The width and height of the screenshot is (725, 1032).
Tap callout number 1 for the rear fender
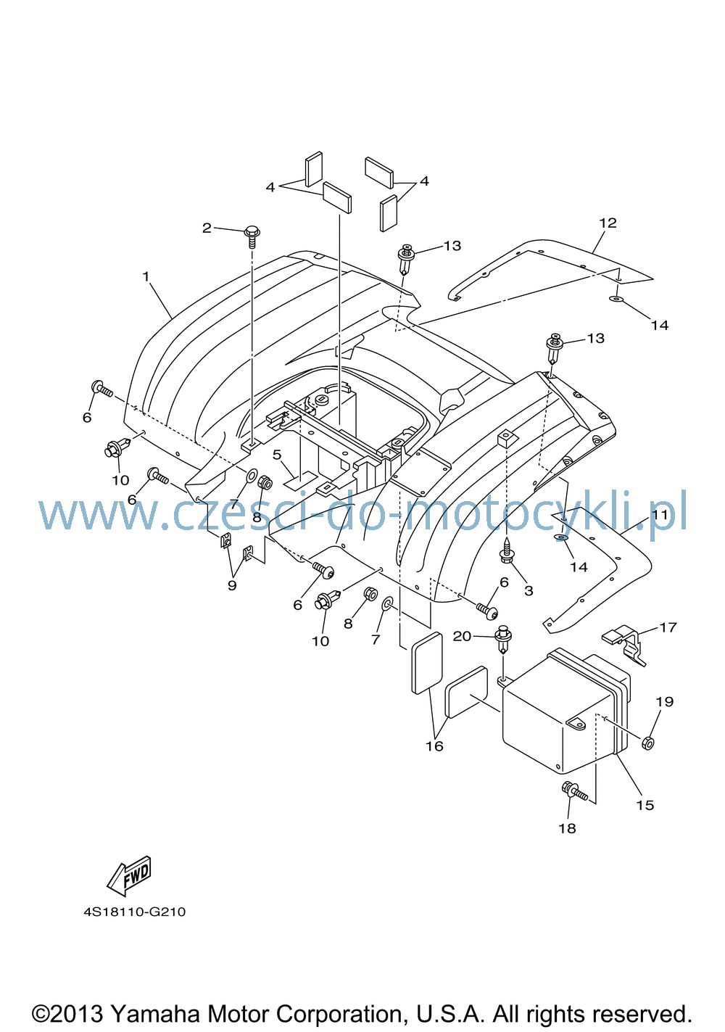(x=146, y=276)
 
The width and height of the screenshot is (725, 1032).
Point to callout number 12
(x=608, y=223)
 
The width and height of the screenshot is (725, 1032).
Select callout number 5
(x=277, y=455)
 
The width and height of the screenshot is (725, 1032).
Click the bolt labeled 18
(x=573, y=790)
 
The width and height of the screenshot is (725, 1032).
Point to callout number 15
(x=645, y=805)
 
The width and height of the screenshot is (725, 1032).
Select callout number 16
(x=434, y=746)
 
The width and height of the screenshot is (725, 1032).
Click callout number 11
(x=660, y=515)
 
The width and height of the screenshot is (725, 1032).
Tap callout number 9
(x=232, y=585)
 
